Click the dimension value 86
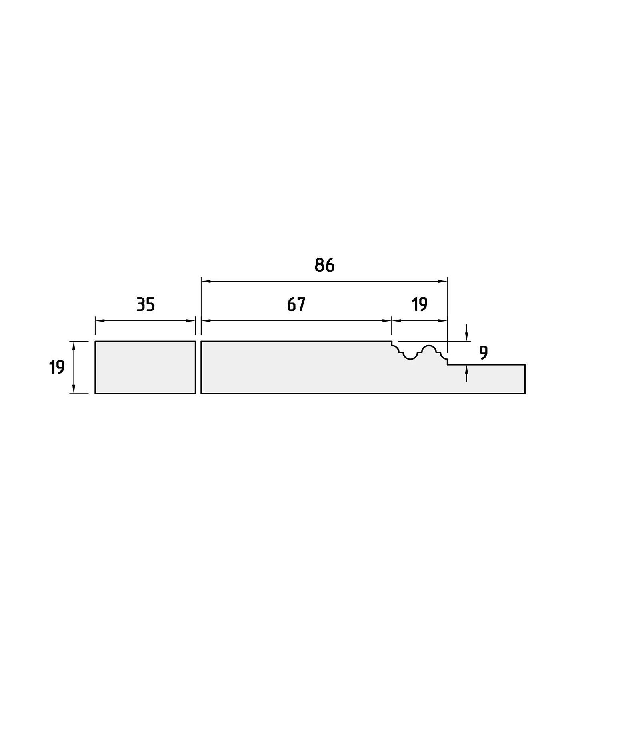point(324,265)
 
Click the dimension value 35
point(146,304)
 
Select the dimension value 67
point(296,304)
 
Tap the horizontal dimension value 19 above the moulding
point(420,304)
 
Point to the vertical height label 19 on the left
point(57,367)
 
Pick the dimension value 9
point(483,352)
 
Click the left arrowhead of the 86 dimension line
point(206,282)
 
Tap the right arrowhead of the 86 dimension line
point(443,282)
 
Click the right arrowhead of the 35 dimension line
point(191,321)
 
